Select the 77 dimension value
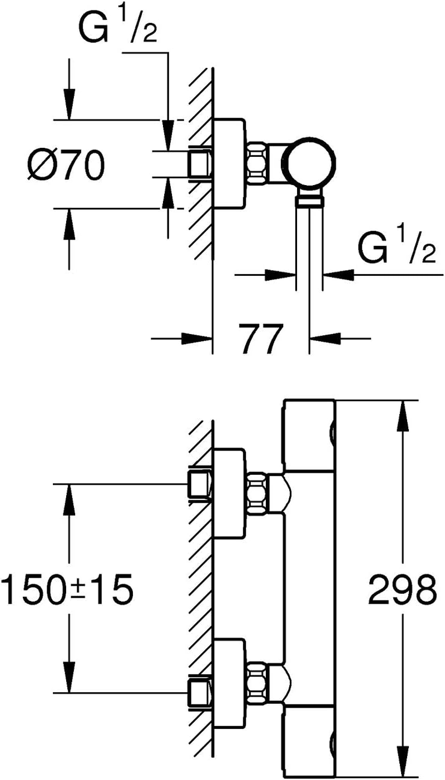pyautogui.click(x=259, y=337)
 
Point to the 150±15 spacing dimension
pyautogui.click(x=68, y=589)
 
